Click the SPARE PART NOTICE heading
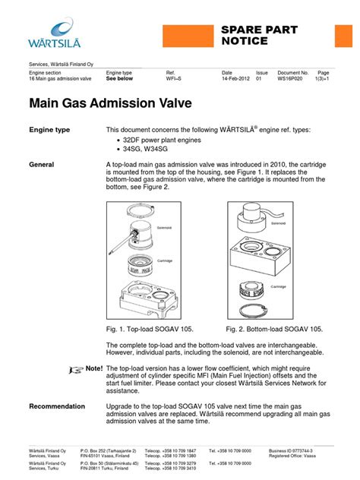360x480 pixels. pos(259,35)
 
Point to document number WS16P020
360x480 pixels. pos(292,78)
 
